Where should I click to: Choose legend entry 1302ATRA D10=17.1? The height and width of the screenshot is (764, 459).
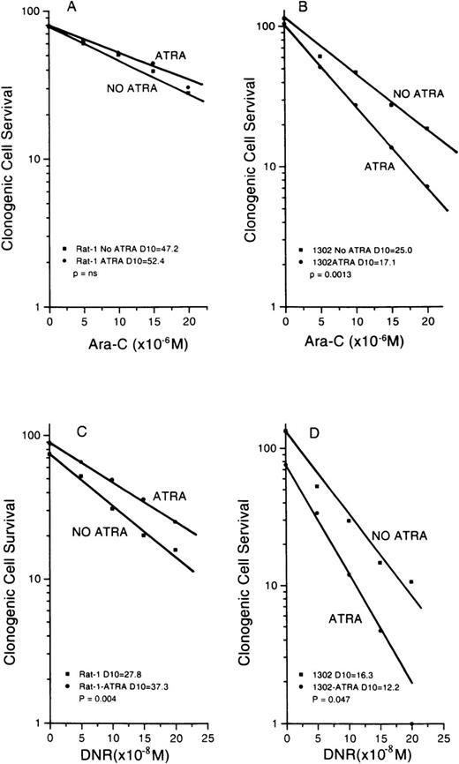pyautogui.click(x=353, y=262)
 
